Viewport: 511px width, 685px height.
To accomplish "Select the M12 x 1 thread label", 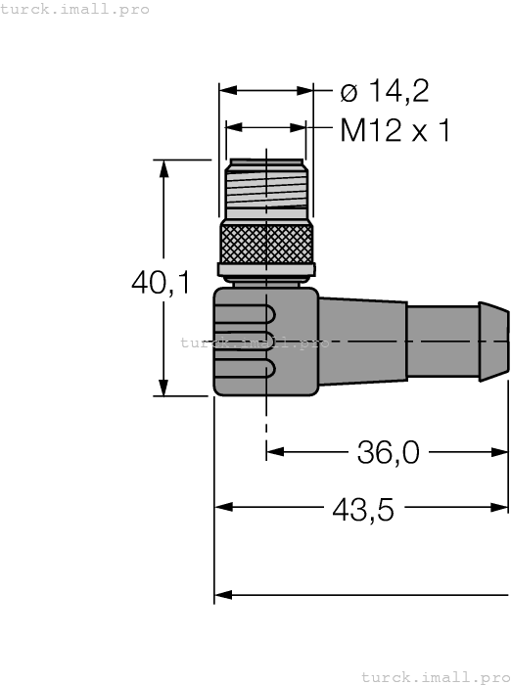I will coord(395,130).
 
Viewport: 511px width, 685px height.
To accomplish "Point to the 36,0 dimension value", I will coord(388,452).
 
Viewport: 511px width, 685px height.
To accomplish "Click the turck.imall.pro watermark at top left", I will coord(75,9).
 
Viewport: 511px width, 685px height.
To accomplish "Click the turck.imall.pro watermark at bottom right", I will coord(436,676).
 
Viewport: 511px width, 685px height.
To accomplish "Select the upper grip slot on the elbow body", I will coord(251,316).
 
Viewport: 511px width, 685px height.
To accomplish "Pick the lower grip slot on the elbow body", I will coord(251,371).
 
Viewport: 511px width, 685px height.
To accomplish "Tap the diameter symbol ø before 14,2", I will coord(348,92).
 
